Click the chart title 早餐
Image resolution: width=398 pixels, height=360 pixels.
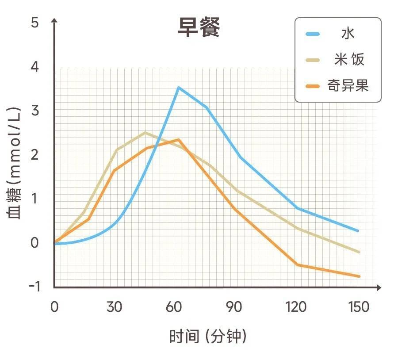point(199,28)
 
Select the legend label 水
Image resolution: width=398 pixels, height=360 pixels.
point(348,34)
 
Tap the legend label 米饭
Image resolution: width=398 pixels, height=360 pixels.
point(349,59)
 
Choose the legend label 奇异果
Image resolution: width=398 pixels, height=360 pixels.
point(348,84)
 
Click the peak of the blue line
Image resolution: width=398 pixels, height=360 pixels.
point(178,88)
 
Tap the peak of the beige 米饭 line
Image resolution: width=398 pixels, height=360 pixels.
point(145,132)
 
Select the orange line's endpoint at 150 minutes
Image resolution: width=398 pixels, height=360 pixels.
point(359,276)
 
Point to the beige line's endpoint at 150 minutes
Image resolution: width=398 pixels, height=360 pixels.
point(359,252)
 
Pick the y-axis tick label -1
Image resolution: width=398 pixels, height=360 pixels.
point(34,287)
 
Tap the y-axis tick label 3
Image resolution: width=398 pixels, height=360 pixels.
point(35,111)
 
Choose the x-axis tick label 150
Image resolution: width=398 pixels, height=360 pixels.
point(359,307)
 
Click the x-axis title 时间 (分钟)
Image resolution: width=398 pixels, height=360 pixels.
point(208,337)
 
